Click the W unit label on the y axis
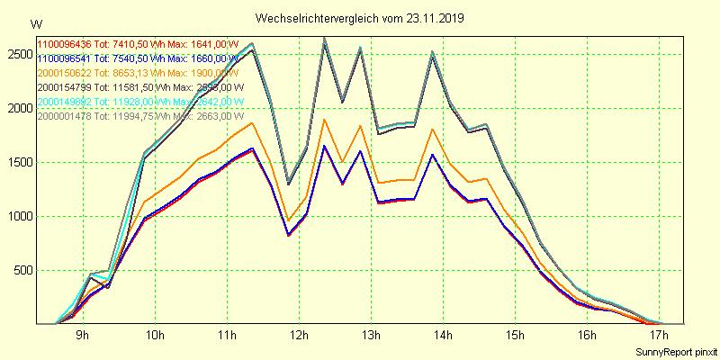click(x=35, y=23)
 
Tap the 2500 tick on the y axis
click(x=17, y=55)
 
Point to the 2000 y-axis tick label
click(x=17, y=109)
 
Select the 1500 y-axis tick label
click(x=17, y=163)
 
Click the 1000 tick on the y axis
click(x=17, y=217)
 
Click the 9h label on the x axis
click(x=82, y=336)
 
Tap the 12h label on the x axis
click(x=298, y=336)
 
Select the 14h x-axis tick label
click(x=442, y=336)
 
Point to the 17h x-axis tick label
click(x=658, y=336)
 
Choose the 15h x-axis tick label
click(x=514, y=336)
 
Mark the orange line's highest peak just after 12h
click(x=324, y=119)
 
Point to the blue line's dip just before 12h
click(x=288, y=235)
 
